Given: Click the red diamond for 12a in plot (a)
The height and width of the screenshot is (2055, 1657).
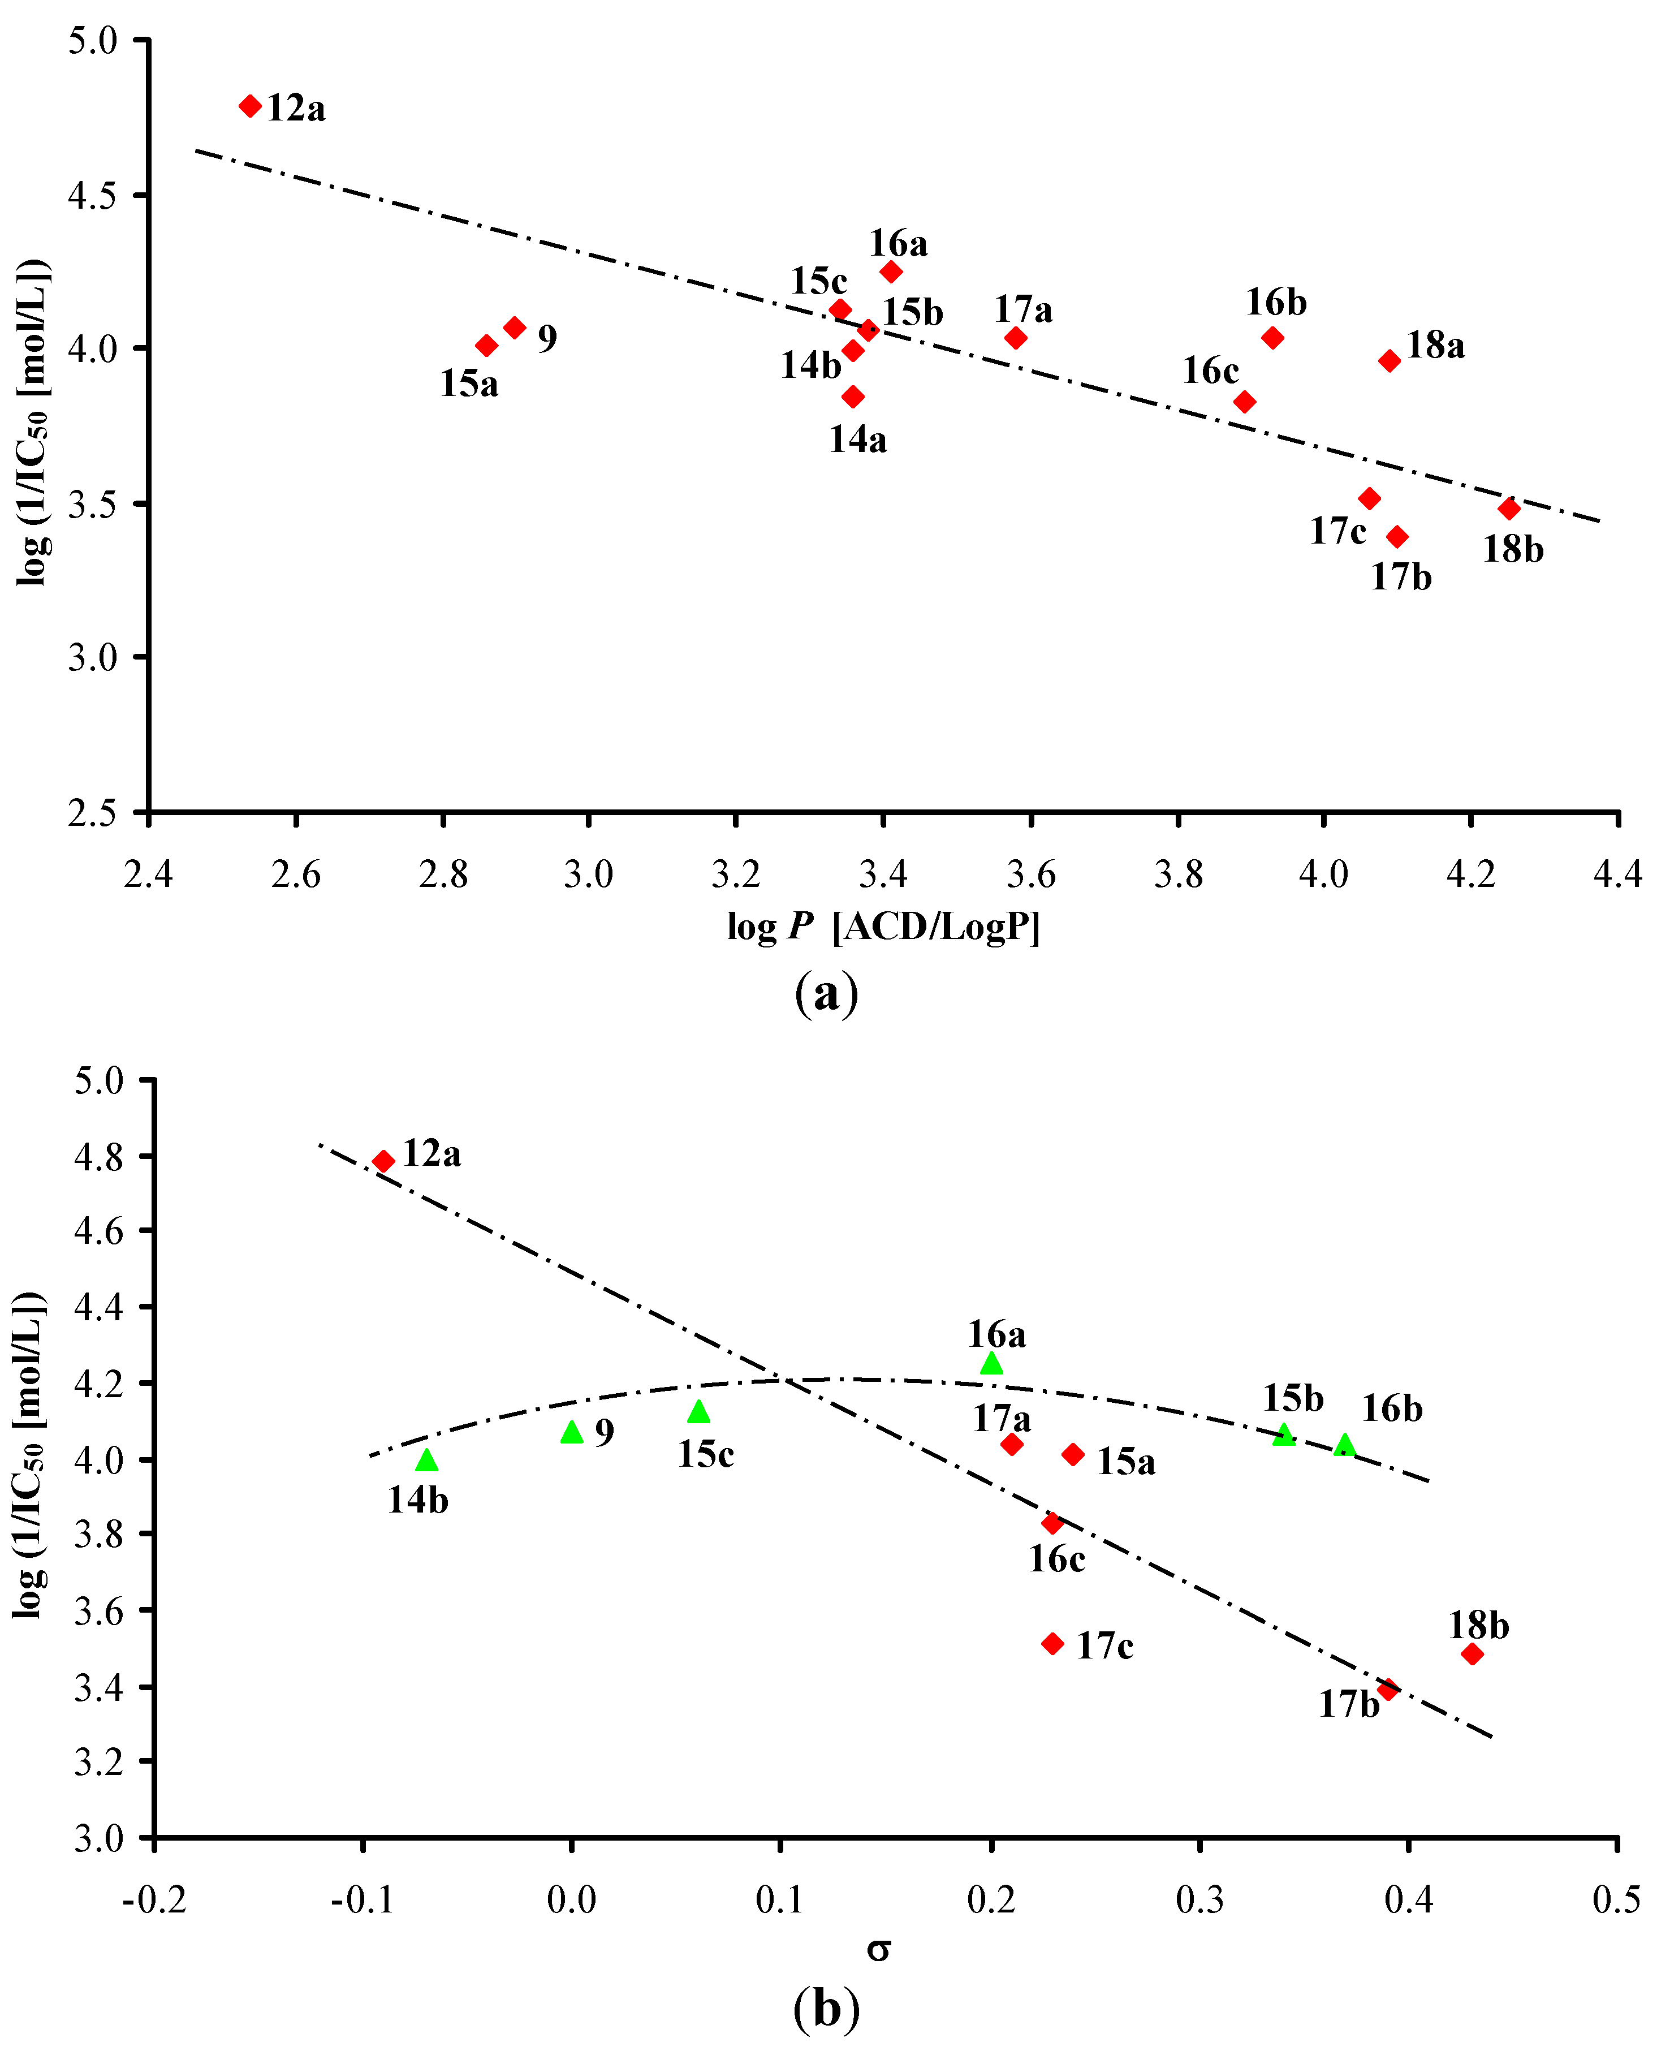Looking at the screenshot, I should [x=250, y=106].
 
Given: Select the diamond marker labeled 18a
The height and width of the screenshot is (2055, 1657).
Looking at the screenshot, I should [x=1390, y=361].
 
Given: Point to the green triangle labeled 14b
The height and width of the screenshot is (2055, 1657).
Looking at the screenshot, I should [x=426, y=1461].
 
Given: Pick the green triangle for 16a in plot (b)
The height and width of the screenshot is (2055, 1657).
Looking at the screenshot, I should [x=992, y=1364].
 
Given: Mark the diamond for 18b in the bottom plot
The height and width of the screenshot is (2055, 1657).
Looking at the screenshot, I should [x=1473, y=1654].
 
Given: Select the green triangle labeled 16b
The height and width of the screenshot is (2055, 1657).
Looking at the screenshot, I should [x=1345, y=1446].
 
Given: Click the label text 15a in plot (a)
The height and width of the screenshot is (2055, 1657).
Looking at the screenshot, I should [x=469, y=384].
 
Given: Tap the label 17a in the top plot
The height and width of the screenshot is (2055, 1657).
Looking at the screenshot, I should [x=1023, y=310].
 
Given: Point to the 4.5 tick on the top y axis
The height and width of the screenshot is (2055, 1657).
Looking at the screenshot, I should [x=93, y=196].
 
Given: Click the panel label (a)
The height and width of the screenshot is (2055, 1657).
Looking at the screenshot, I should [x=827, y=994].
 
